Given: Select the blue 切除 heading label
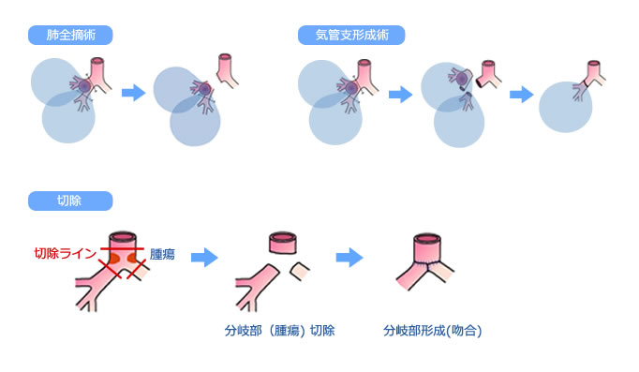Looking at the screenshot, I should click(70, 201).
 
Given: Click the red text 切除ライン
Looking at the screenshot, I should click(66, 254).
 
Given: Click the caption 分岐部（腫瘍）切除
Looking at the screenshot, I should click(280, 331).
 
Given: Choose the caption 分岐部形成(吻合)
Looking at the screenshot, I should click(433, 331).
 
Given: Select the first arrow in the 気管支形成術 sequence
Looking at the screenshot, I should click(400, 94).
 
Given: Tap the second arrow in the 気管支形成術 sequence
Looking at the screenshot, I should click(521, 94).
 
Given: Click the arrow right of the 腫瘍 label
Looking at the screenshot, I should click(203, 256).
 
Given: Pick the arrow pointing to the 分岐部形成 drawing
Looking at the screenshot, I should click(349, 256).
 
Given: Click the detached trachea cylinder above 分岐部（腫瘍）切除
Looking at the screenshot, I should click(283, 243).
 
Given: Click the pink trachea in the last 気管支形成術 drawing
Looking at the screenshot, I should click(594, 71).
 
